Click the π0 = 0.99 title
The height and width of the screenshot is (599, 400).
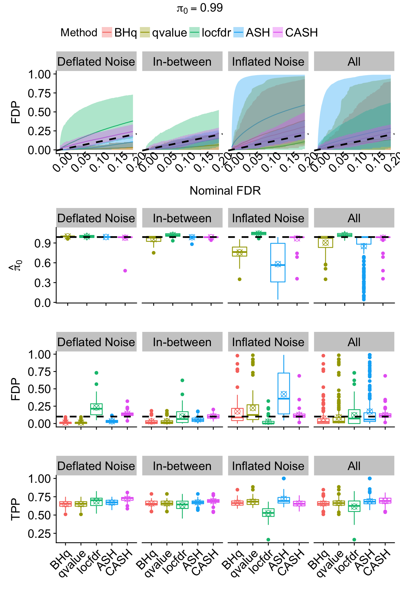pos(200,8)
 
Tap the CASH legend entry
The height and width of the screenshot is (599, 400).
pos(301,32)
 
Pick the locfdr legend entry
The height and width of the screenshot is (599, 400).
pos(216,32)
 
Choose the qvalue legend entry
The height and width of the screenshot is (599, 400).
pos(169,32)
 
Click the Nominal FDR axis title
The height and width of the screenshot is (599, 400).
pos(225,191)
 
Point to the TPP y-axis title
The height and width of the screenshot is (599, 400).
pos(15,509)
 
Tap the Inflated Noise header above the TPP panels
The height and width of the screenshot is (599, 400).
pos(268,466)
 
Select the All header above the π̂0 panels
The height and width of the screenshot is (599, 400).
pos(354,218)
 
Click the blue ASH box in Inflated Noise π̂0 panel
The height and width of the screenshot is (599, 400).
pos(278,262)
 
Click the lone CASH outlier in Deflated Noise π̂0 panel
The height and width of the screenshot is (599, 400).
pos(125,271)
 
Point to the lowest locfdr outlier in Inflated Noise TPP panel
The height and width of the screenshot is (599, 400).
pos(268,540)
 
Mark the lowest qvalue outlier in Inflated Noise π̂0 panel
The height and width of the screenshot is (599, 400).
pos(239,279)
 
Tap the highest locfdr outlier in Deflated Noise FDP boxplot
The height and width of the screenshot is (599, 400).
pos(96,373)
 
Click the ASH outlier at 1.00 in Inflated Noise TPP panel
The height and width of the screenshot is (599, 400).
pos(284,478)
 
